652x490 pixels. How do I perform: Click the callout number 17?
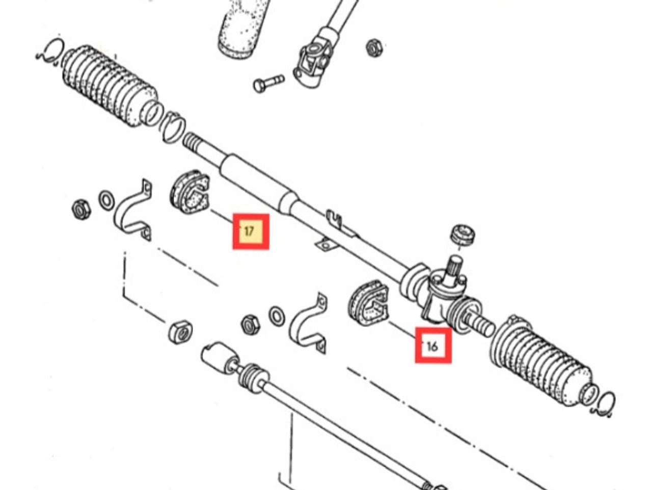(x=250, y=231)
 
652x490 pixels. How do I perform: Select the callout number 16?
(x=432, y=346)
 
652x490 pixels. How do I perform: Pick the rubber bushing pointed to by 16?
(x=368, y=304)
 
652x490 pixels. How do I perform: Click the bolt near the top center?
(x=267, y=83)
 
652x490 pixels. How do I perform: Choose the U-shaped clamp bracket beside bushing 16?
(x=309, y=324)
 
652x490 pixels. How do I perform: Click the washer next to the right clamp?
(x=277, y=316)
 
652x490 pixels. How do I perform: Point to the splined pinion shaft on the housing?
(x=452, y=268)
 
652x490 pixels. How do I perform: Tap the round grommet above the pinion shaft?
(x=463, y=233)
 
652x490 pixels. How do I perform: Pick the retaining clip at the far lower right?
(x=606, y=402)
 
